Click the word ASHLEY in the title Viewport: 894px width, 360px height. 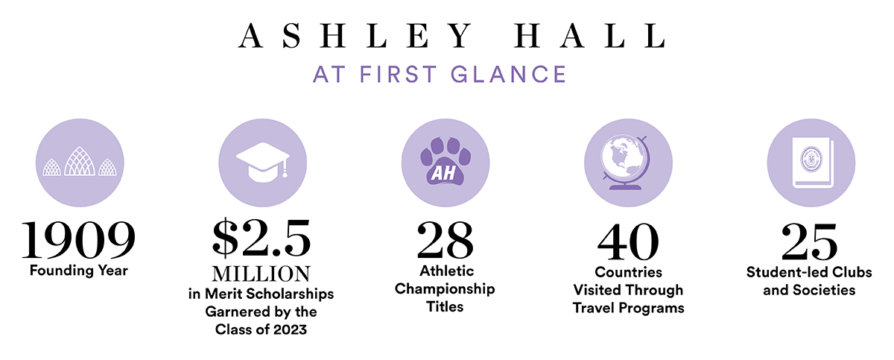point(355,36)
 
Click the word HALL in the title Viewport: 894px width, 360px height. point(590,36)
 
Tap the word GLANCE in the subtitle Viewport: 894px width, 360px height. point(508,75)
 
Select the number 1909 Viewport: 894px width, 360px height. point(78,240)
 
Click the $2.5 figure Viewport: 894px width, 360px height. point(261,238)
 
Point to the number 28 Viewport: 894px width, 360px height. point(445,240)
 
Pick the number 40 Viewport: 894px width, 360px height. point(628,241)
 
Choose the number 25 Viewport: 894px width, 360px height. point(809,241)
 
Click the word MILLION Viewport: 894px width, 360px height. point(261,274)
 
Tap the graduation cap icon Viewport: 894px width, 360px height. point(262,162)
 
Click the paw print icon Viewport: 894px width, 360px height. point(445,161)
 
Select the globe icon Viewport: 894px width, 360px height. point(625,162)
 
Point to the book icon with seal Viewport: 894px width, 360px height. point(813,162)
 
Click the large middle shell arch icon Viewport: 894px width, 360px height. point(80,161)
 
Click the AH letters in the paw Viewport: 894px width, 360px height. point(443,173)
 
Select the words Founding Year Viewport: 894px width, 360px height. point(79,271)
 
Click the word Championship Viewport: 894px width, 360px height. point(445,289)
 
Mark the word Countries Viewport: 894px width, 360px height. point(628,272)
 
